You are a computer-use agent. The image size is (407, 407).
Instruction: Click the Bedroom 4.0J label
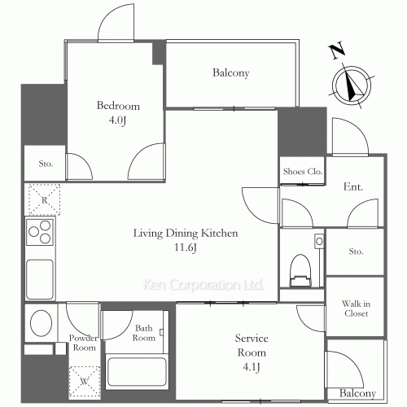click(118, 112)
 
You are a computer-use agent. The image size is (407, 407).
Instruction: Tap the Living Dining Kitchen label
click(186, 234)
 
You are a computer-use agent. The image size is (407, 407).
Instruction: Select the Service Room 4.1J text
click(252, 352)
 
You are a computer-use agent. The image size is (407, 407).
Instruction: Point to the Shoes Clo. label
click(303, 172)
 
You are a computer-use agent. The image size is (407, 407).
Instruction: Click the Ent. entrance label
click(353, 186)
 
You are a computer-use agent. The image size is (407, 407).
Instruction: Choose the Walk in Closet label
click(356, 309)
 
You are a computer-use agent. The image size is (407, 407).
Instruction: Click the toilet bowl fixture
click(300, 270)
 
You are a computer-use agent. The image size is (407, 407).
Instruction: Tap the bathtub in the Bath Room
click(137, 371)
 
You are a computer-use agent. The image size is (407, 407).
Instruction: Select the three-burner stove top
click(40, 231)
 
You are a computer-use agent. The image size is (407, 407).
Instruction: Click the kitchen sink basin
click(40, 279)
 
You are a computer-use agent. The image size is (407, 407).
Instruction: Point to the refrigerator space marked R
click(44, 200)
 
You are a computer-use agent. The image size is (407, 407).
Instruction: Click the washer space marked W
click(84, 381)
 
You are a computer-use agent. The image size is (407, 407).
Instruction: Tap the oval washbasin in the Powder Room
click(41, 323)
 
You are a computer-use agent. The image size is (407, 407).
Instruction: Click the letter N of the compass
click(337, 51)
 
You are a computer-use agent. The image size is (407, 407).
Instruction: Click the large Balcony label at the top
click(231, 72)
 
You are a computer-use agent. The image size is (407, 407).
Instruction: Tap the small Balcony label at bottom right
click(357, 393)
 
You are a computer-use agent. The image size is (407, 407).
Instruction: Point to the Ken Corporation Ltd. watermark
click(203, 285)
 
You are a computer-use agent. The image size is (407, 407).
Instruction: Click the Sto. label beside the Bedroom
click(46, 164)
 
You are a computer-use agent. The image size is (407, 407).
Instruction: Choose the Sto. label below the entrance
click(356, 252)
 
